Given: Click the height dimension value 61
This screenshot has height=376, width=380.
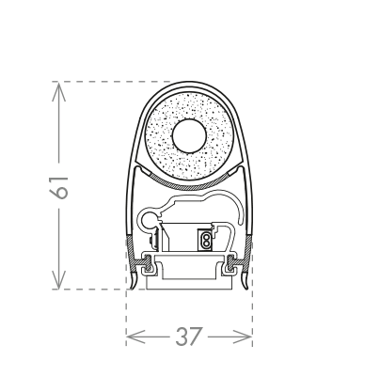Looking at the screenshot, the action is click(x=59, y=187).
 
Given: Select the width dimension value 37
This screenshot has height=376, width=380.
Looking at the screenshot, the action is click(x=188, y=337).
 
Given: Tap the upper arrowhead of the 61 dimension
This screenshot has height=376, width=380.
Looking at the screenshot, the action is click(x=59, y=91).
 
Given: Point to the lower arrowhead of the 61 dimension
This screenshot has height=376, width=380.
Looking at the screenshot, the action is click(x=59, y=279).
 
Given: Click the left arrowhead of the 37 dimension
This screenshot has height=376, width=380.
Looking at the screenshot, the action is click(x=135, y=337).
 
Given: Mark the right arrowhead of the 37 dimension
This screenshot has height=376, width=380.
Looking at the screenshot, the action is click(x=242, y=337).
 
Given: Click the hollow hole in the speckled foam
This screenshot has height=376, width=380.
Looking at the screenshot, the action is click(x=189, y=136).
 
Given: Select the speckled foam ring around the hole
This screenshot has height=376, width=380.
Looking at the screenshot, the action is click(x=189, y=103).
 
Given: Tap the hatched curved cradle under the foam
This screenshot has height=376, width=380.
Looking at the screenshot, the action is click(x=189, y=186).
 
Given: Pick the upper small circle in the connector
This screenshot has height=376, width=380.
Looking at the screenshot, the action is click(x=206, y=234).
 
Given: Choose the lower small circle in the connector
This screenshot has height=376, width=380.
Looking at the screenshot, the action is click(x=206, y=242).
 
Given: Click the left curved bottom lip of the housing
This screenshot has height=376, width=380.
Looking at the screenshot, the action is click(x=134, y=281).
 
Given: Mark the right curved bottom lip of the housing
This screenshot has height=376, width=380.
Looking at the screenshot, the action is click(x=245, y=281).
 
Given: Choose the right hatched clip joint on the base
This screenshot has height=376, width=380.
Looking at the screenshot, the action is click(x=231, y=262).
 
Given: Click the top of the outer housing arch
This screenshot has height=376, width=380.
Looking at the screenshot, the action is click(x=189, y=83).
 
